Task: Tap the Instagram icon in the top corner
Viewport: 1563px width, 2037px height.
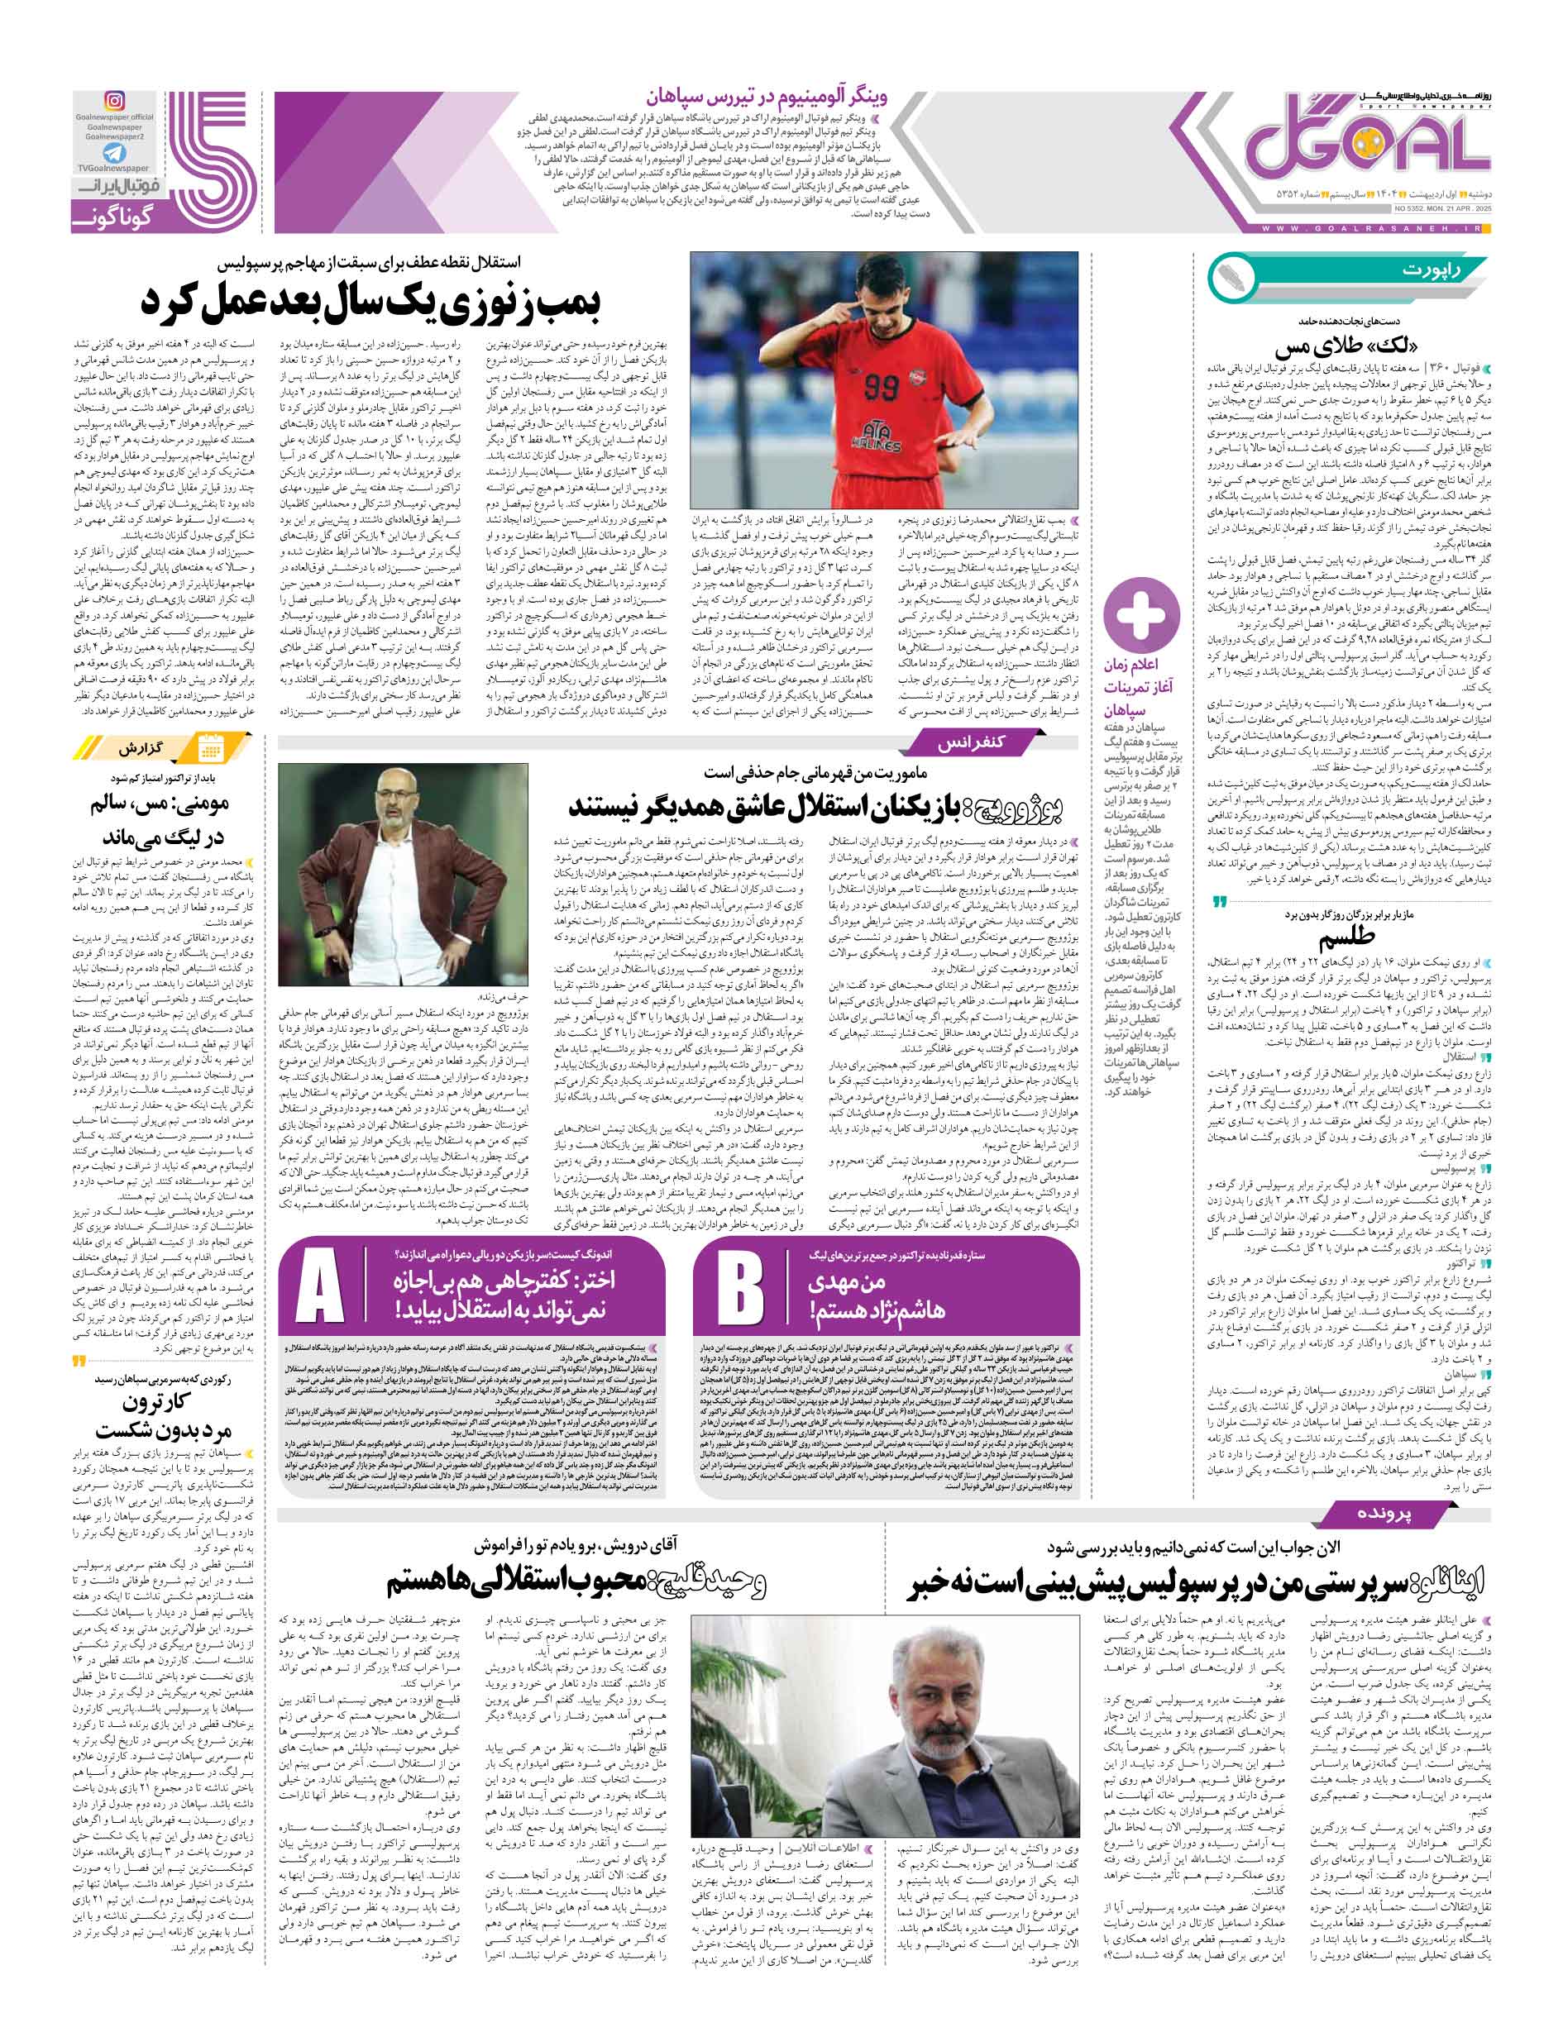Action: coord(114,102)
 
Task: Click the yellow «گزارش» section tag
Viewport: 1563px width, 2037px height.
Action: coord(141,749)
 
